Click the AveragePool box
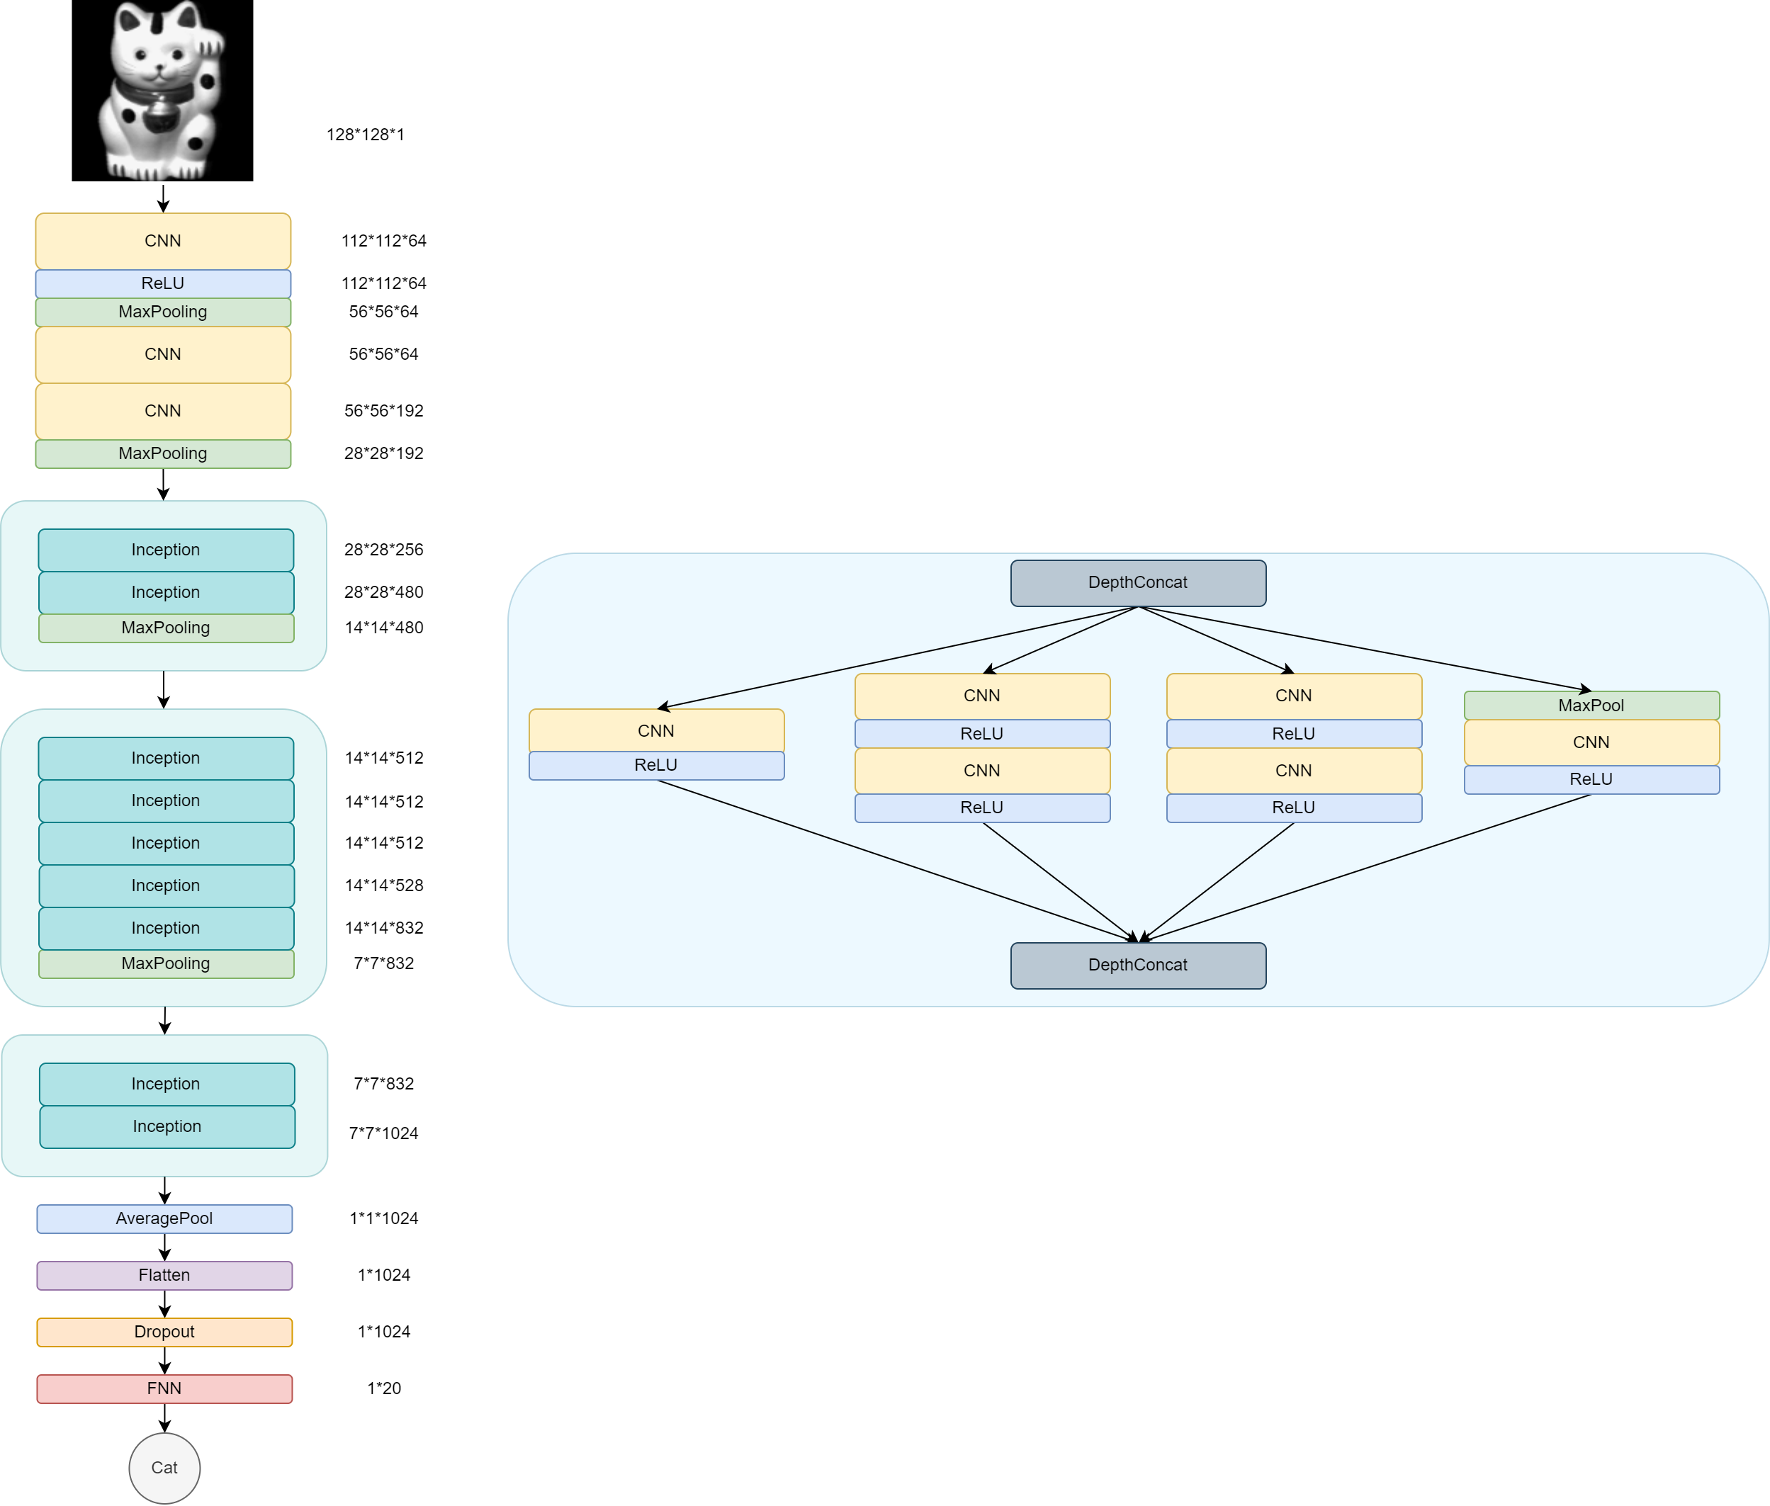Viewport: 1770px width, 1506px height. tap(164, 1218)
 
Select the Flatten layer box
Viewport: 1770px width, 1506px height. tap(164, 1274)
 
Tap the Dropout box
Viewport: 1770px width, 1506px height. tap(164, 1332)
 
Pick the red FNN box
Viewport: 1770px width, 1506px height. tap(164, 1388)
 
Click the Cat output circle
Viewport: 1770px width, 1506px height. tap(164, 1468)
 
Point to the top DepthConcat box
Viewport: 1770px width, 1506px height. tap(1137, 583)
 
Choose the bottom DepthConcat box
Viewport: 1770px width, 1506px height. tap(1137, 966)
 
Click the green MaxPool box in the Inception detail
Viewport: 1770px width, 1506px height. tap(1591, 706)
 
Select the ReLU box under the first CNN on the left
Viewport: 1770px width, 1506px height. tap(162, 283)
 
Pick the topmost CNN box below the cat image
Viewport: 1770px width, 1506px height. tap(162, 241)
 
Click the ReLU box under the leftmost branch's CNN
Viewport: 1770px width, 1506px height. tap(655, 765)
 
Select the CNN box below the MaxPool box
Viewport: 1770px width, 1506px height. tap(1591, 742)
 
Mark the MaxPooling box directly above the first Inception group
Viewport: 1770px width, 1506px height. tap(162, 453)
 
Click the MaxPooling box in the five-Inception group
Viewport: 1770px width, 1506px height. tap(166, 963)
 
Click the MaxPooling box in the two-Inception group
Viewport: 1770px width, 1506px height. tap(166, 628)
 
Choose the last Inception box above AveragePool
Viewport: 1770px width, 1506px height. tap(167, 1126)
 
